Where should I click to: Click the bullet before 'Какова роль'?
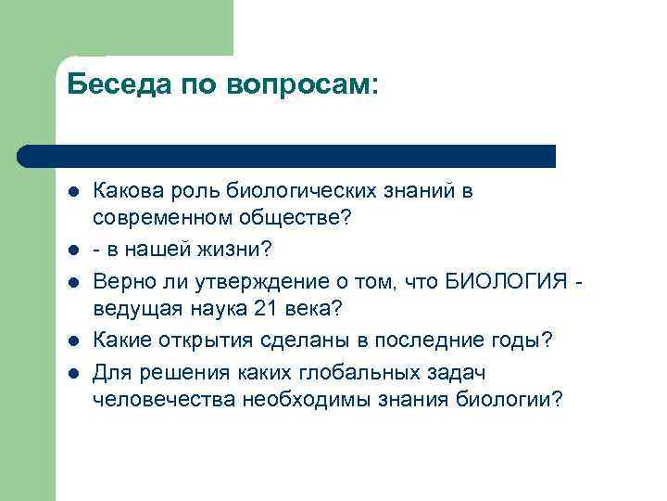73,192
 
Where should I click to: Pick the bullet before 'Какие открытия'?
73,340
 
